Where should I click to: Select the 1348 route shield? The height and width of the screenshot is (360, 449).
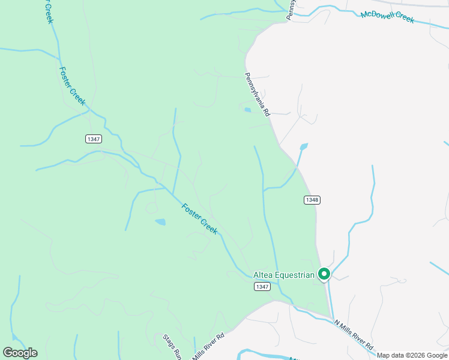(311, 200)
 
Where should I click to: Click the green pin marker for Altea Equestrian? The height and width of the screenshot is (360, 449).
(324, 274)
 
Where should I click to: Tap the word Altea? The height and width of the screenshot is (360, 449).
(263, 275)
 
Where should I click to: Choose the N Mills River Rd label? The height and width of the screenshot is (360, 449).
(354, 335)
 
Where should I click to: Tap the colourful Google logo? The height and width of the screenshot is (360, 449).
(20, 353)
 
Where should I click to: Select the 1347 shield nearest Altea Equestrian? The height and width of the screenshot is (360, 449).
(262, 287)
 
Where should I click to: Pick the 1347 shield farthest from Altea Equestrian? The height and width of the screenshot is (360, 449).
(93, 139)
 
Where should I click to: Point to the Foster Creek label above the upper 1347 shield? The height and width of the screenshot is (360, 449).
(73, 86)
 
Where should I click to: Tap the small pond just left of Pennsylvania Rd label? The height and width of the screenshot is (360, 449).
(247, 109)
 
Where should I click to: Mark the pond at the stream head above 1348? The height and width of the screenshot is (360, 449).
(304, 146)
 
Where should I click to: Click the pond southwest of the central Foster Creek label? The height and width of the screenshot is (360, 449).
(160, 222)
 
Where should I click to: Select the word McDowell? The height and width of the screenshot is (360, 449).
(377, 14)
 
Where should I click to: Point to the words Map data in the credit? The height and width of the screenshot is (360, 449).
(390, 355)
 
